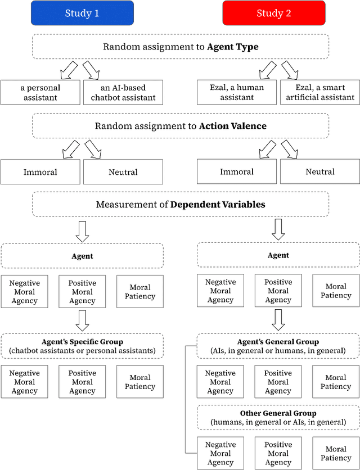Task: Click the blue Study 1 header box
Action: tap(82, 13)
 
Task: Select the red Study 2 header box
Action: tap(273, 13)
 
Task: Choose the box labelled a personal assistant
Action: tap(40, 93)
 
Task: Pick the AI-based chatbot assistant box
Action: tap(123, 93)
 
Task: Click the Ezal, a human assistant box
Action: tap(237, 93)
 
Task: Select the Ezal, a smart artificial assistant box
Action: tap(320, 93)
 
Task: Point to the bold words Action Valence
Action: tap(229, 125)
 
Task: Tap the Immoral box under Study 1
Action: tap(40, 172)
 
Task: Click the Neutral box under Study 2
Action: tap(320, 172)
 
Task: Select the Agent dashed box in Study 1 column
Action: tap(82, 256)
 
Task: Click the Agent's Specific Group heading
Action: tap(82, 341)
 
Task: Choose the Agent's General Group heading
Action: tap(278, 341)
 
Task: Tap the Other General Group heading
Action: tap(278, 414)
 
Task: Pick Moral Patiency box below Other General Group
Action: tap(336, 454)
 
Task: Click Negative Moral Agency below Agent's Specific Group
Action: tap(24, 382)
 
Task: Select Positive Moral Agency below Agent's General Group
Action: tap(278, 382)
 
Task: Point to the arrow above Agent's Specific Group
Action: tap(82, 320)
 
